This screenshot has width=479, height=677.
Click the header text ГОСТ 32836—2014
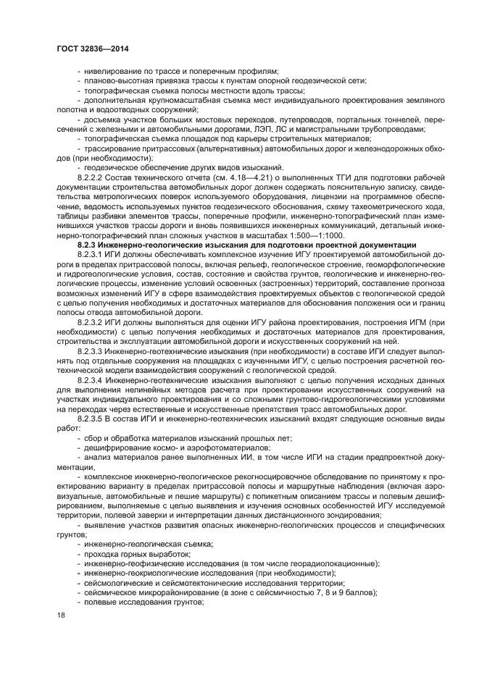(92, 49)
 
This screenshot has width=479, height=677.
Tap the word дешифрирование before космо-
(117, 447)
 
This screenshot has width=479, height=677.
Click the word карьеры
(258, 138)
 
